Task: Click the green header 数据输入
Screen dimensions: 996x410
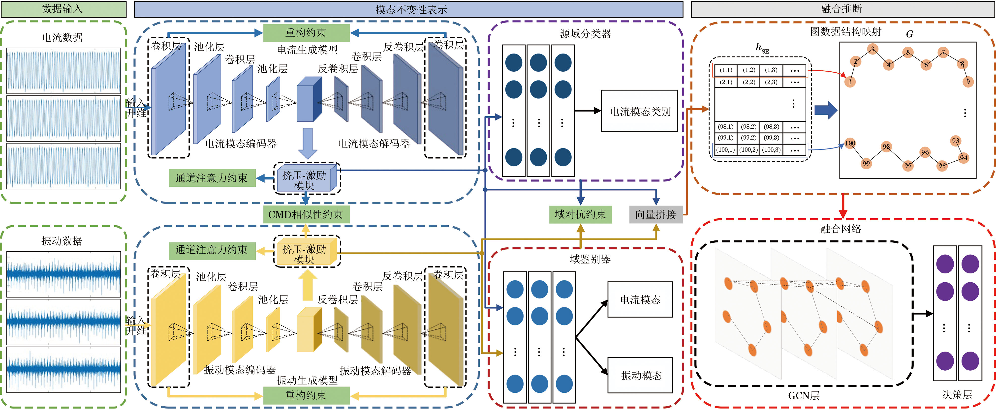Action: pyautogui.click(x=64, y=9)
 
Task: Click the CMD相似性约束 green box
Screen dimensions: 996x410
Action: pyautogui.click(x=306, y=214)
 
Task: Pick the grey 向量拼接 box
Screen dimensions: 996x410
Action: pyautogui.click(x=656, y=214)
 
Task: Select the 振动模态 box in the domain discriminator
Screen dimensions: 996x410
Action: pyautogui.click(x=640, y=375)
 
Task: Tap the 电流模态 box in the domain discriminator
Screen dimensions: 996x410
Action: pyautogui.click(x=640, y=299)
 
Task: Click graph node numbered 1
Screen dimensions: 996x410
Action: pyautogui.click(x=850, y=82)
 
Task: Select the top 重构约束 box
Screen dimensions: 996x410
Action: pyautogui.click(x=306, y=33)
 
